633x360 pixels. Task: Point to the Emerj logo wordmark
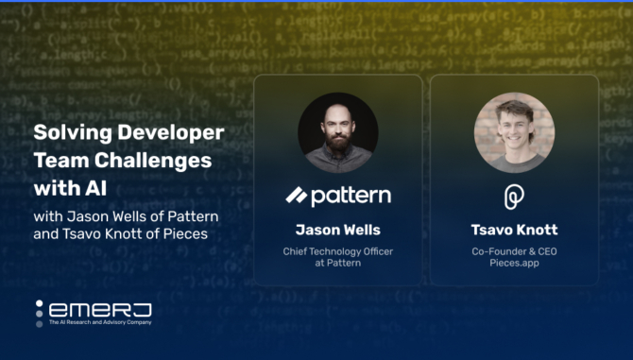100,310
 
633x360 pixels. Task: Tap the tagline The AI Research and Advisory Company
100,323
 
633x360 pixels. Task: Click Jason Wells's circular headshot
337,132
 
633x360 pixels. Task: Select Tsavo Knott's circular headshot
514,132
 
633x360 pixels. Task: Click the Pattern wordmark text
351,196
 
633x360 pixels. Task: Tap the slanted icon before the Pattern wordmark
297,196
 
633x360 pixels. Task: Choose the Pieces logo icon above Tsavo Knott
514,196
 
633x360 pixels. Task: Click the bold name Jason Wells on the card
337,230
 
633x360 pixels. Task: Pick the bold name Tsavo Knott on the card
514,230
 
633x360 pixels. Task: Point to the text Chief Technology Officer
337,251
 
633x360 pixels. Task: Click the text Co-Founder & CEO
514,251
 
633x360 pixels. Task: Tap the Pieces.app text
514,264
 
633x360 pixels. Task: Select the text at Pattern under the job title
337,264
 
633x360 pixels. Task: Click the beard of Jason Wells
337,151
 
